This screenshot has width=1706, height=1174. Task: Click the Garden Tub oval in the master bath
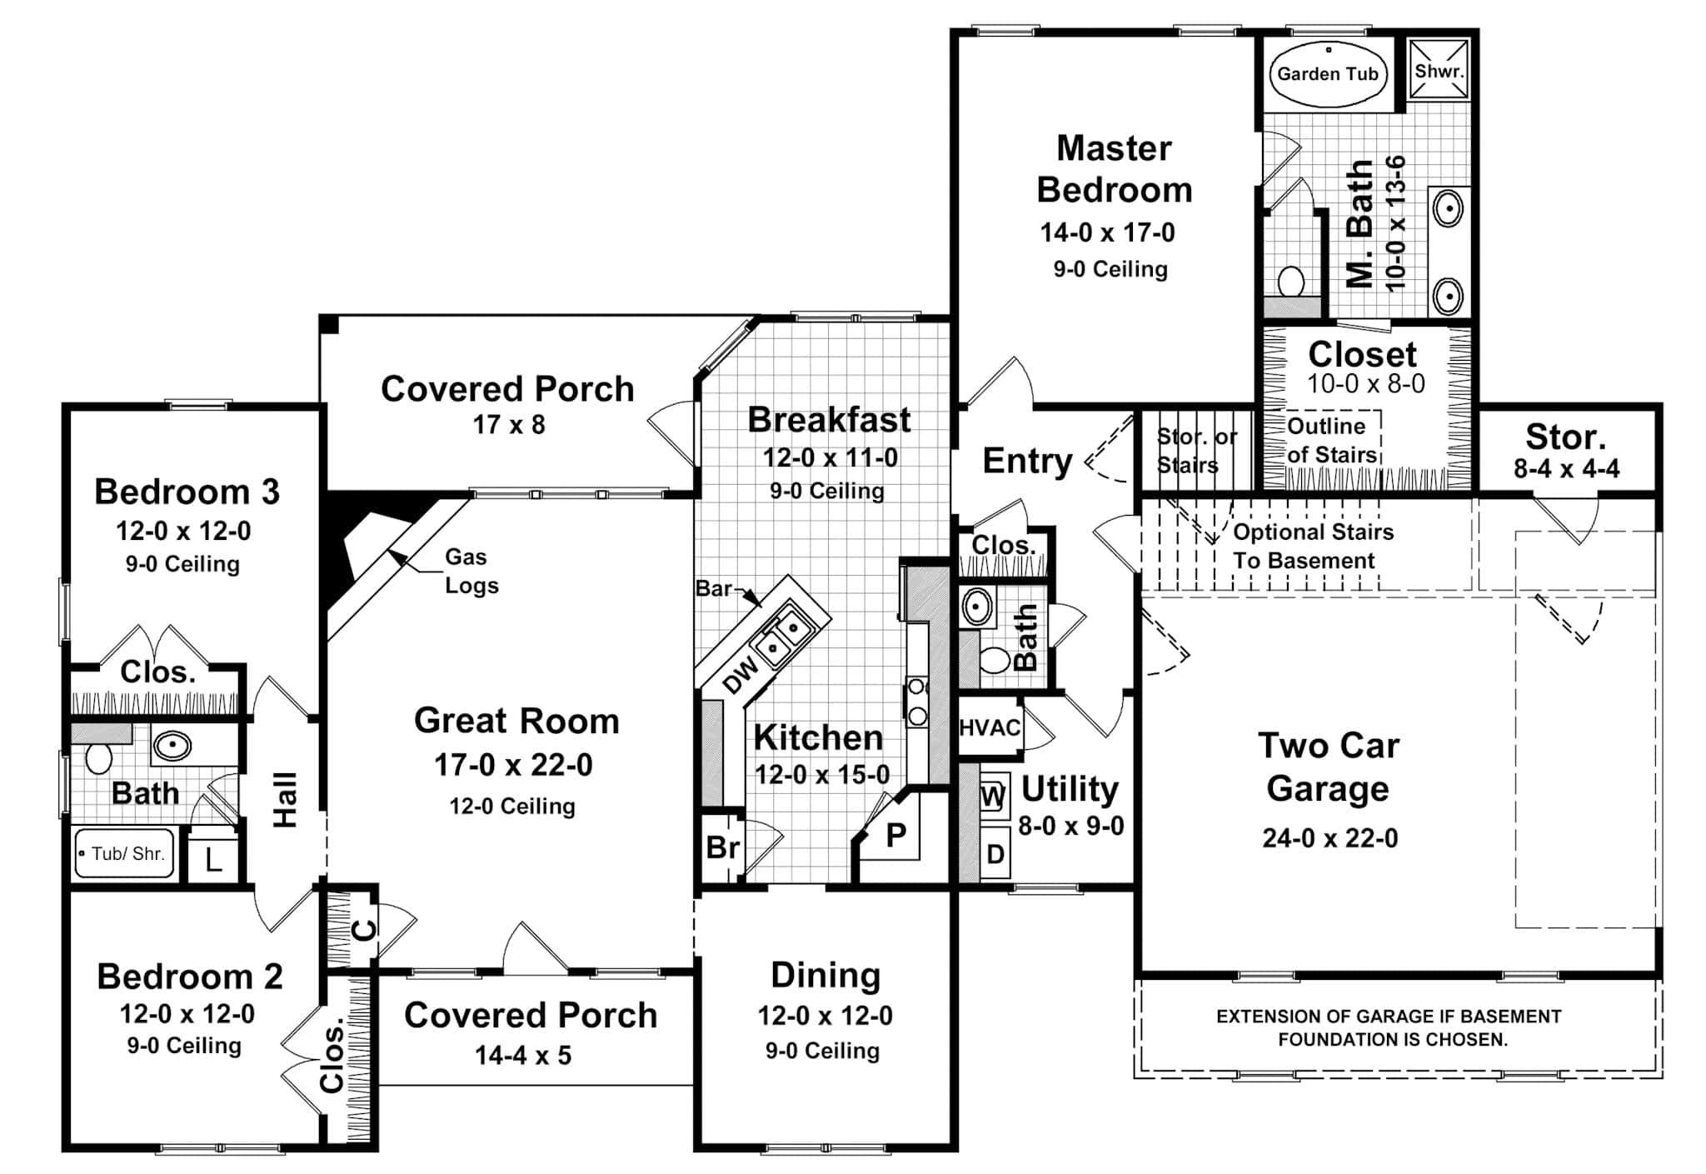point(1327,73)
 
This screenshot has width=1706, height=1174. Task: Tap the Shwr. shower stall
point(1439,71)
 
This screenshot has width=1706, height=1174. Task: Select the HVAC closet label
point(990,727)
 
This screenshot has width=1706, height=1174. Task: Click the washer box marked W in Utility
point(992,797)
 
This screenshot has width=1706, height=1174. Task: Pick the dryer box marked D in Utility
point(995,854)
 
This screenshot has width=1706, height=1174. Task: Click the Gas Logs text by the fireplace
point(471,571)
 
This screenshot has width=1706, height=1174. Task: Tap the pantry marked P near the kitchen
point(895,835)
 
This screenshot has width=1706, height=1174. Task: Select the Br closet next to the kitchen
point(722,847)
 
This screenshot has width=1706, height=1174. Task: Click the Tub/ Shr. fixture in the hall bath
point(125,853)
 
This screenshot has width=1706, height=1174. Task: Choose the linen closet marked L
point(213,858)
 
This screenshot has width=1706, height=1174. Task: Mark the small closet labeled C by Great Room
point(363,929)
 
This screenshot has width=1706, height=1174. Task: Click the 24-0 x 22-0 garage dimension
point(1329,837)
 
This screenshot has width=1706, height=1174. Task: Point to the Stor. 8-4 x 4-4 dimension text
point(1566,469)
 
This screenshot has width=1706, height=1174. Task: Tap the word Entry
point(1027,461)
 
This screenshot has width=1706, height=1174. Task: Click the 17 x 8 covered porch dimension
point(508,425)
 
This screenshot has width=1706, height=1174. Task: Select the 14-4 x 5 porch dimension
point(523,1056)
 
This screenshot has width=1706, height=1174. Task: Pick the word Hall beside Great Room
point(286,800)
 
